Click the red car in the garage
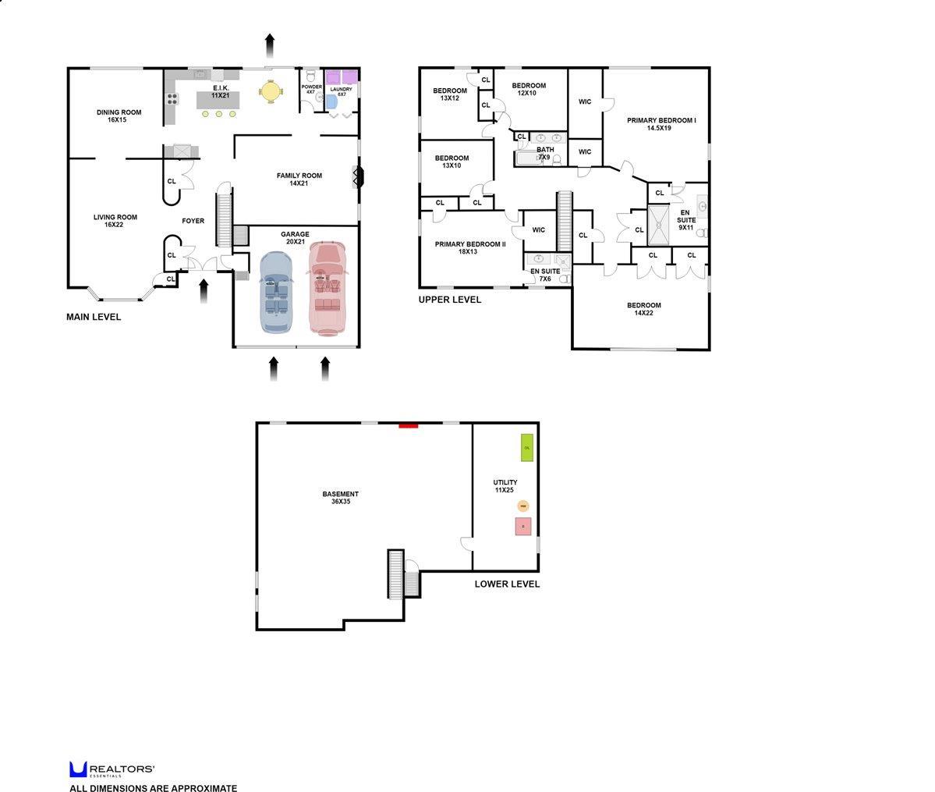pyautogui.click(x=327, y=286)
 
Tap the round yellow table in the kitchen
pyautogui.click(x=270, y=91)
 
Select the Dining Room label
pyautogui.click(x=119, y=115)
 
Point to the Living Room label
pyautogui.click(x=115, y=221)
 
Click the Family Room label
pyautogui.click(x=299, y=179)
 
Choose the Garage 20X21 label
pyautogui.click(x=295, y=237)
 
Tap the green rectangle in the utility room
pyautogui.click(x=527, y=447)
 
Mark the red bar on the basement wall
pyautogui.click(x=409, y=425)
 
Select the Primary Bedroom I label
pyautogui.click(x=661, y=123)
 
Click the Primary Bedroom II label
pyautogui.click(x=469, y=247)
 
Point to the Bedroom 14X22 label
pyautogui.click(x=643, y=309)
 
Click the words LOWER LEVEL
pyautogui.click(x=507, y=584)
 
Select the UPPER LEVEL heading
pyautogui.click(x=449, y=300)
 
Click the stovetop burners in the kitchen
pyautogui.click(x=172, y=99)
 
